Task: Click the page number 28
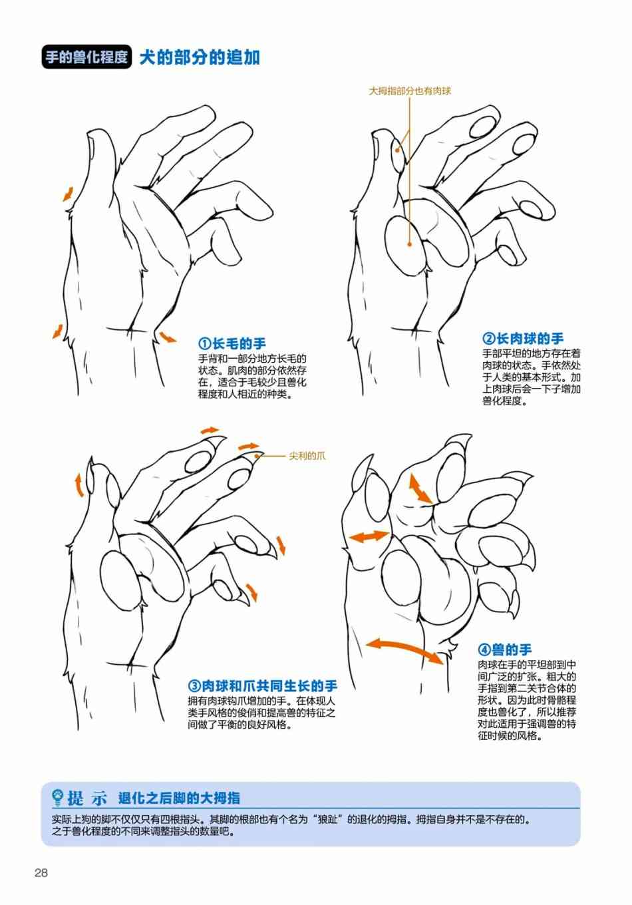coord(41,872)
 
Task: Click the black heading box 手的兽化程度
coord(86,57)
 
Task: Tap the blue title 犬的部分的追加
coord(200,57)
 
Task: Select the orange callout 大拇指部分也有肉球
coord(410,91)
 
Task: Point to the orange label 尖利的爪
coord(307,456)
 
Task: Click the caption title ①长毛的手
coord(232,344)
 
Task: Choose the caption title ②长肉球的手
coord(523,339)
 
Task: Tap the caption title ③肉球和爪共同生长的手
coord(263,685)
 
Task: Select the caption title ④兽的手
coord(505,649)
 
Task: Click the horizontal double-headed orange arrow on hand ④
coord(369,536)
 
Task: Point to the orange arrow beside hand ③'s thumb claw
coord(79,484)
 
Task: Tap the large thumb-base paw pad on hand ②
coord(404,246)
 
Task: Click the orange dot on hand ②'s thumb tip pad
coord(397,150)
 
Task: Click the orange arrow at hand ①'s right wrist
coord(167,337)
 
